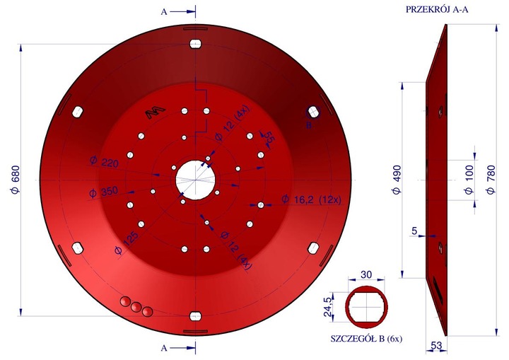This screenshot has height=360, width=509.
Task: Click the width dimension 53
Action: coord(437,345)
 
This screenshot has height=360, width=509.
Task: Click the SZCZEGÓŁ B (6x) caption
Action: coord(366,339)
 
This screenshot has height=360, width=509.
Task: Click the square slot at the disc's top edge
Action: coord(195,44)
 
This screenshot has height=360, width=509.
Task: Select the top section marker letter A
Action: coord(165,11)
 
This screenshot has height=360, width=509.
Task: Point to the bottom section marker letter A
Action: coord(165,348)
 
